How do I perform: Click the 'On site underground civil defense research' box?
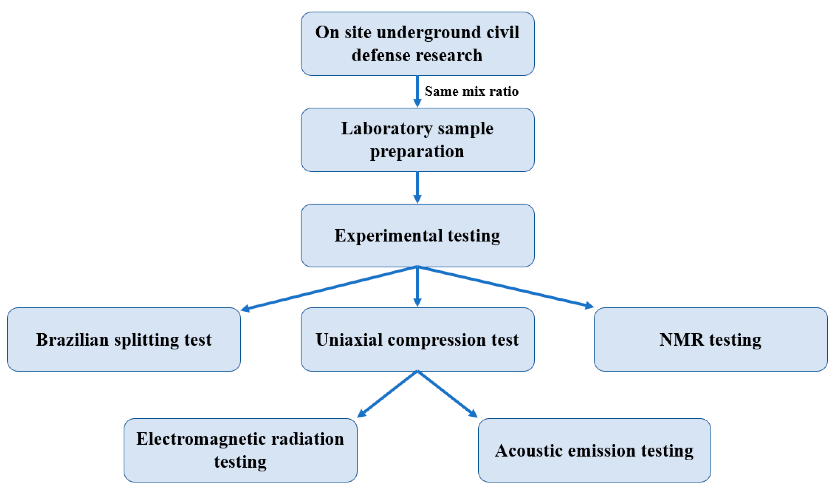pyautogui.click(x=417, y=44)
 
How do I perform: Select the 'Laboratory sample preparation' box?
pyautogui.click(x=417, y=140)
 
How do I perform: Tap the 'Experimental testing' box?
pyautogui.click(x=417, y=236)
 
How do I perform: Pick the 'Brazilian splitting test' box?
pyautogui.click(x=124, y=340)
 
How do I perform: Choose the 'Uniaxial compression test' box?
pyautogui.click(x=417, y=340)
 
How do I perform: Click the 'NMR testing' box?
pyautogui.click(x=710, y=340)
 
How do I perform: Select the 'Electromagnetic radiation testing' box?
pyautogui.click(x=240, y=451)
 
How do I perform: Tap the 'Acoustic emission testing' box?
pyautogui.click(x=595, y=451)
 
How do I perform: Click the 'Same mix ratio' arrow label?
pyautogui.click(x=471, y=91)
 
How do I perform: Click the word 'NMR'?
pyautogui.click(x=681, y=340)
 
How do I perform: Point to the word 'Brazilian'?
pyautogui.click(x=72, y=340)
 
